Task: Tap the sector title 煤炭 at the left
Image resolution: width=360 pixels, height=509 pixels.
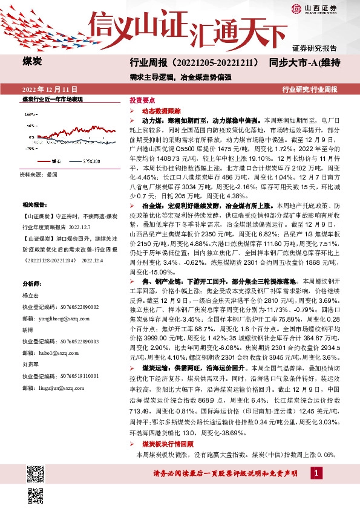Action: [x=31, y=62]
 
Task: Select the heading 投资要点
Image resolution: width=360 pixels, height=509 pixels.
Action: [x=142, y=102]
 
